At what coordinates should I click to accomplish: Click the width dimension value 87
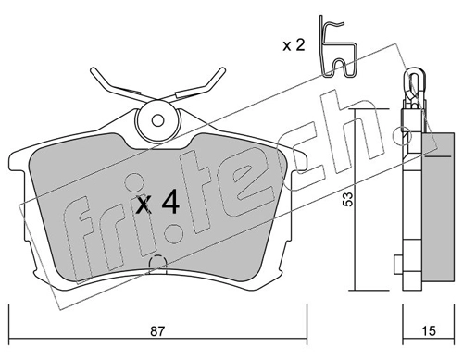(157, 331)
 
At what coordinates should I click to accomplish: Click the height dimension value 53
(348, 199)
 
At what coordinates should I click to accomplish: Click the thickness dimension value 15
(428, 331)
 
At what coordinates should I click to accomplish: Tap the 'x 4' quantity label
(157, 202)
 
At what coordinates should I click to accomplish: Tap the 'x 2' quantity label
(294, 45)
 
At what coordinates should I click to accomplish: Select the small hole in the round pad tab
(158, 120)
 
